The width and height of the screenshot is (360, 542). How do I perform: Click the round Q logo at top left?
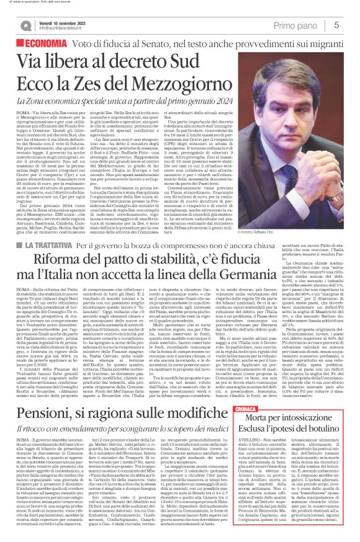tap(26, 25)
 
